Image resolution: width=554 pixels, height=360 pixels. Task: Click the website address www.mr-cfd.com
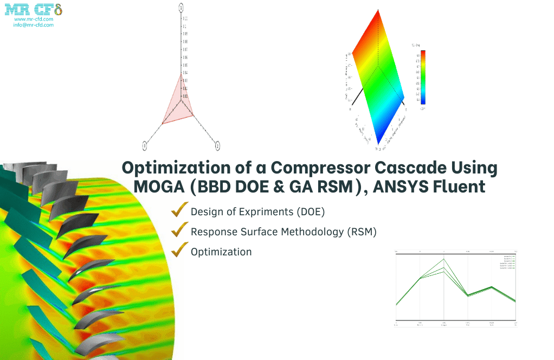(34, 19)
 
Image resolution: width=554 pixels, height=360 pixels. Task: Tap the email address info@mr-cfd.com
(34, 25)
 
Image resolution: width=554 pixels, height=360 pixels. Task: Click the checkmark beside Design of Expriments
(179, 210)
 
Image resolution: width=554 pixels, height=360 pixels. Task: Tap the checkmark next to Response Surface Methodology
(179, 230)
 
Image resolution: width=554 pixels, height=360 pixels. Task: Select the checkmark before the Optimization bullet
(179, 250)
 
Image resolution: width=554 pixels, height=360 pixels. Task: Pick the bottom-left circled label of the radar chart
(145, 145)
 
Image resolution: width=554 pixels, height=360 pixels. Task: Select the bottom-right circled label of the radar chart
(217, 145)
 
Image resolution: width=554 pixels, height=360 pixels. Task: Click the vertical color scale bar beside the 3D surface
(423, 76)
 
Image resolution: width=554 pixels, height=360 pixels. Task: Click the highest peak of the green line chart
(444, 259)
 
